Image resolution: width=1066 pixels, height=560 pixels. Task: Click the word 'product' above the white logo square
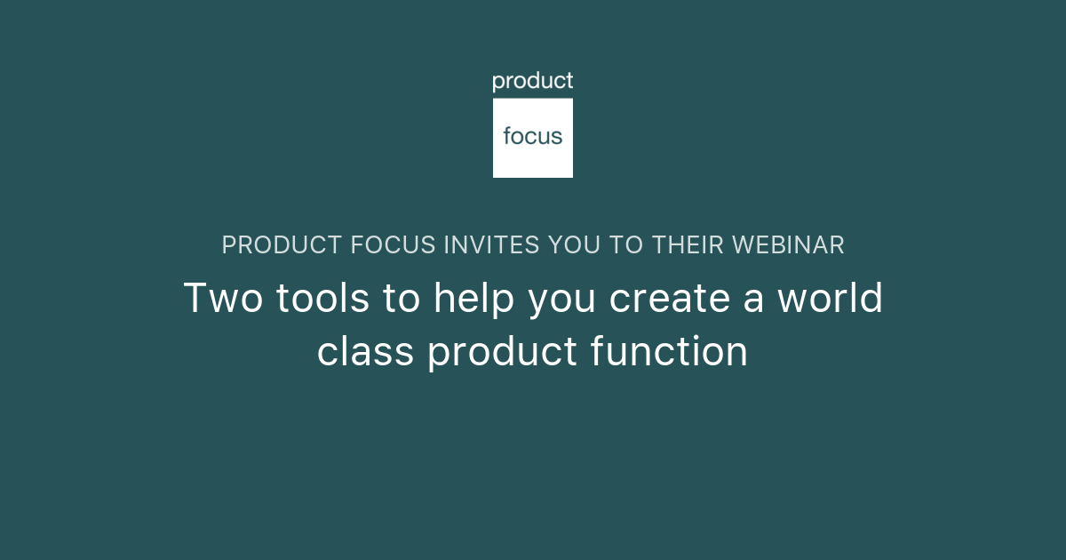point(533,82)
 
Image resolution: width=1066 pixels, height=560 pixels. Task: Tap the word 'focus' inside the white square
point(533,137)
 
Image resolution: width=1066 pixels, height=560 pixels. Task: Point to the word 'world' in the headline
point(831,299)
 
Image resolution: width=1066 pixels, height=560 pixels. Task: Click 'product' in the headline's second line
point(503,352)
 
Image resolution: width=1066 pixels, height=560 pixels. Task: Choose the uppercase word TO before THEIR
point(626,245)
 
